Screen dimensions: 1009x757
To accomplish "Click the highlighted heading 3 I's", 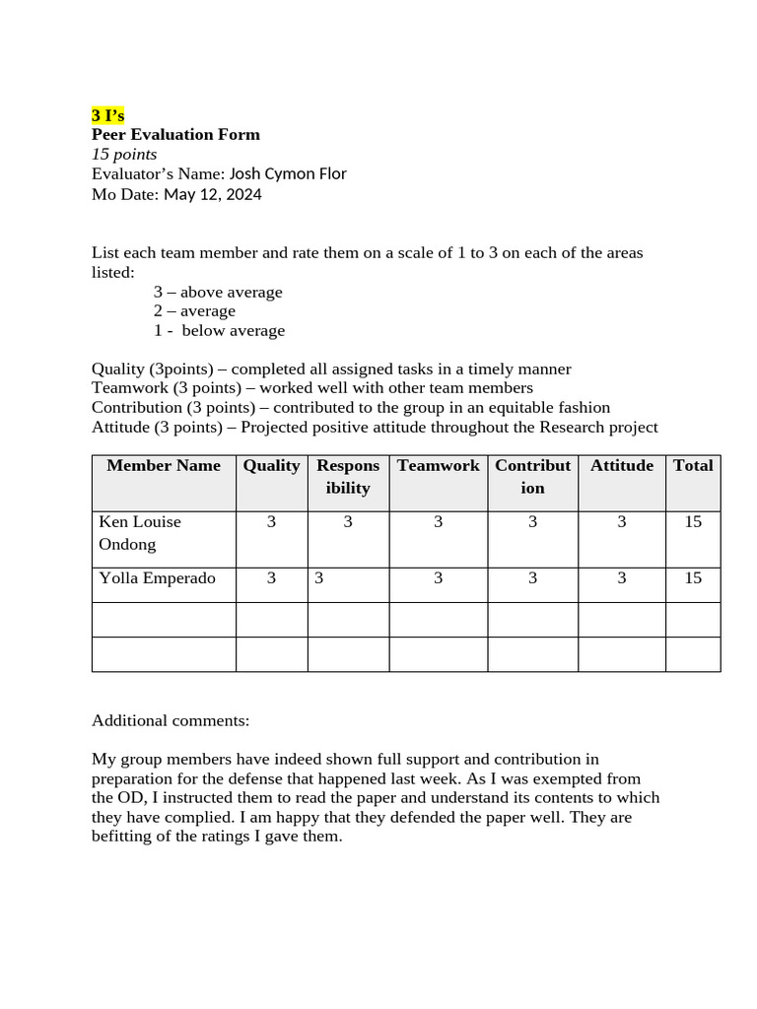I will (107, 115).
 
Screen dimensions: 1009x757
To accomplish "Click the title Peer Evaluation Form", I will (175, 135).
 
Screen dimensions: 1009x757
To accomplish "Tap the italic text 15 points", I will (124, 155).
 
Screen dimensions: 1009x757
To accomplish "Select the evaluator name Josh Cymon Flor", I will (288, 174).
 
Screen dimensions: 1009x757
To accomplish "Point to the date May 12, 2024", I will (213, 194).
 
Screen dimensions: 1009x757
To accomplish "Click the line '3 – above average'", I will (218, 292).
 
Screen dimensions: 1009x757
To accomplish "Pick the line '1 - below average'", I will (219, 330).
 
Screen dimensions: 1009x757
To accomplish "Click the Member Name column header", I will (164, 466).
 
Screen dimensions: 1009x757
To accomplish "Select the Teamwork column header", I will (438, 466).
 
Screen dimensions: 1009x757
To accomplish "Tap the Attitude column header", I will (621, 466).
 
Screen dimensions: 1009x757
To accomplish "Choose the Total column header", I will (693, 466).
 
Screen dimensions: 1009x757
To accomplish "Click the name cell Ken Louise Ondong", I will (140, 533).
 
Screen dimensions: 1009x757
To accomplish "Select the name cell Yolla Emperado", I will (157, 578).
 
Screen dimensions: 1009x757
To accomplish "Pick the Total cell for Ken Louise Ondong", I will (693, 522).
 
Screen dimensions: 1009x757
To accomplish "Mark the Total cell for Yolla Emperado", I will (693, 578).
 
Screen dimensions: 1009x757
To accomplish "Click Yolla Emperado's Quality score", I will (271, 578).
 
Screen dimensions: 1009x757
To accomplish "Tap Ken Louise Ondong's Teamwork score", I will (438, 522).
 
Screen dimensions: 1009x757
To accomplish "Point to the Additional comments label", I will (171, 720).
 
